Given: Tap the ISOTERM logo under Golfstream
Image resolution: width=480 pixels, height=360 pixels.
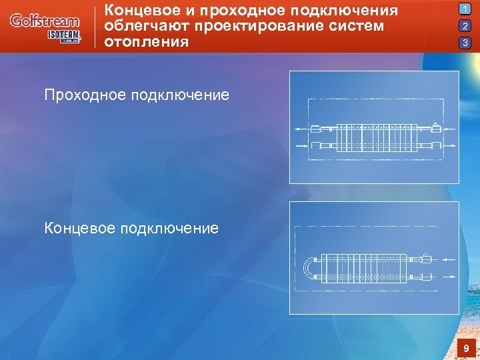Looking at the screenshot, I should [x=63, y=36].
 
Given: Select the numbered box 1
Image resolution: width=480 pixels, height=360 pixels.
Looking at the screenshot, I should [x=465, y=9].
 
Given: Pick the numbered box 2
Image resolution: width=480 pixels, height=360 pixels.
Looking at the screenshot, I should [x=465, y=26].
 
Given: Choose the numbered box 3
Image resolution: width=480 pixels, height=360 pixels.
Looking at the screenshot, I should [x=465, y=43].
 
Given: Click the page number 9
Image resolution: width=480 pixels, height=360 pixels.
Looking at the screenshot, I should [x=465, y=348].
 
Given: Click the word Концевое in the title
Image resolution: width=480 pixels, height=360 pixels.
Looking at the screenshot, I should [x=139, y=11].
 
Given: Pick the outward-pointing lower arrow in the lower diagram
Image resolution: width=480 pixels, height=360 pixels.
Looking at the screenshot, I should [x=447, y=277].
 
